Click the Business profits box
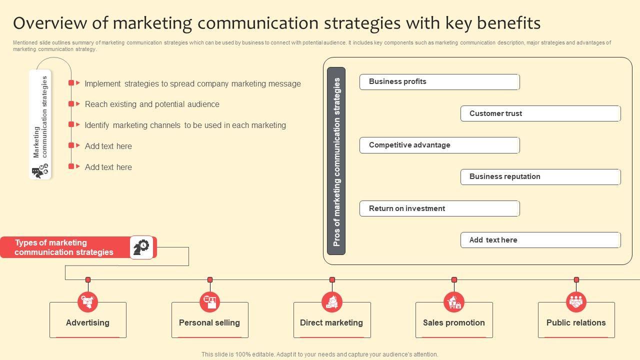click(439, 82)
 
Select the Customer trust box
click(540, 113)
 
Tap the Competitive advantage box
click(439, 145)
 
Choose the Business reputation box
click(540, 177)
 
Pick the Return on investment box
click(439, 208)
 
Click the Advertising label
click(87, 323)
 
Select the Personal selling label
click(209, 323)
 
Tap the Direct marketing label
click(331, 323)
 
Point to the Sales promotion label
click(454, 323)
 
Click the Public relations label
click(576, 323)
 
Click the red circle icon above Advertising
click(88, 302)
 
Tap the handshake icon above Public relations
click(576, 302)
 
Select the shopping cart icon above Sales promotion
click(454, 302)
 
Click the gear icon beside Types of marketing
click(141, 247)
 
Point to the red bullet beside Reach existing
click(71, 104)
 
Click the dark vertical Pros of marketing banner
click(336, 161)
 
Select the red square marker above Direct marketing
click(332, 280)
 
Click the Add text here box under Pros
click(540, 240)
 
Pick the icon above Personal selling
click(210, 302)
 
